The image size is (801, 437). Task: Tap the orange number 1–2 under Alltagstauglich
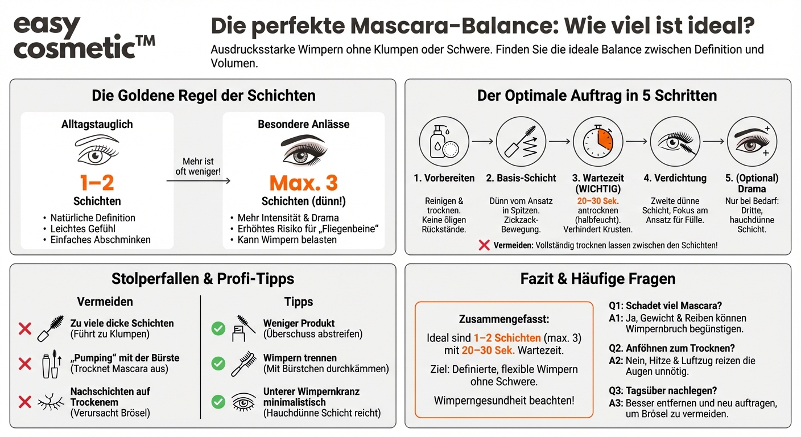(97, 183)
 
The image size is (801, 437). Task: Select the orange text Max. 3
(303, 183)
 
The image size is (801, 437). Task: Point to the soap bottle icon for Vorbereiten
(439, 141)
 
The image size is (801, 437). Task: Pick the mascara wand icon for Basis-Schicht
(521, 141)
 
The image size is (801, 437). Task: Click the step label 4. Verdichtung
(675, 178)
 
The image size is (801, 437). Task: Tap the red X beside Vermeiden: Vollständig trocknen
(484, 245)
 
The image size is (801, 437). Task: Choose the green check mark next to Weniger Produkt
(218, 328)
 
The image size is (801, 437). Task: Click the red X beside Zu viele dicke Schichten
(24, 328)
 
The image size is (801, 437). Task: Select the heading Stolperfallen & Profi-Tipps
(203, 279)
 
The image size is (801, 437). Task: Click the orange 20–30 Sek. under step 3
(597, 201)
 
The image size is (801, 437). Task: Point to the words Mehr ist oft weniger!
(198, 167)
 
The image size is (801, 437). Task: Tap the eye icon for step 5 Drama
(752, 141)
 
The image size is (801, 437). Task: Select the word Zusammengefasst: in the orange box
(504, 320)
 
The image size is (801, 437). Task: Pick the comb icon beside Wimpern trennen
(243, 363)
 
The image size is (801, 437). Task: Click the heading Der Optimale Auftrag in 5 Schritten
(597, 95)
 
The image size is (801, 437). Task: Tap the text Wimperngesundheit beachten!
(504, 401)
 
